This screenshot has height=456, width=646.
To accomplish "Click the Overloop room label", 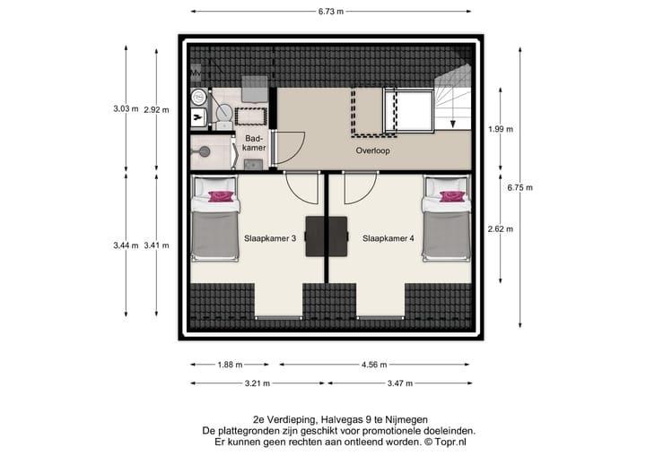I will coord(371,151).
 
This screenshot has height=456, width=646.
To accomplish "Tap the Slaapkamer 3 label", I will coord(270,238).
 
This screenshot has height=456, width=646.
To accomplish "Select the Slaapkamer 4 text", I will coord(388,238).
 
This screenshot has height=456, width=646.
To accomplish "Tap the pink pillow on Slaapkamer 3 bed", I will coord(221,195).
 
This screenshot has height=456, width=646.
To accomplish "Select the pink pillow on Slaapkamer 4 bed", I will coord(447,195).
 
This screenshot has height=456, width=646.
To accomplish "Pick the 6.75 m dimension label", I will coord(520,187).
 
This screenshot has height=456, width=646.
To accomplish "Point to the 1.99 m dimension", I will coord(501,129).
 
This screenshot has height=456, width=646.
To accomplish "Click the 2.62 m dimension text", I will coord(501,228).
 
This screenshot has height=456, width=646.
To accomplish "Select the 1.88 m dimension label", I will coord(230,365).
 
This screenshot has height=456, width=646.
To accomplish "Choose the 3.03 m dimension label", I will coord(126,108).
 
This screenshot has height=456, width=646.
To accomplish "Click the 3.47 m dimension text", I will coord(399,383).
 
